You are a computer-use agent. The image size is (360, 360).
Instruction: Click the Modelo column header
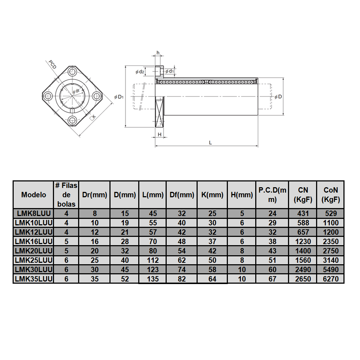(33, 194)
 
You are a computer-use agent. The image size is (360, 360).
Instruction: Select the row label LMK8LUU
(33, 213)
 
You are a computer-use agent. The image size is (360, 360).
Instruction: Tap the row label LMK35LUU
(33, 279)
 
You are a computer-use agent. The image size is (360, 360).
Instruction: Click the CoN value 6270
(330, 279)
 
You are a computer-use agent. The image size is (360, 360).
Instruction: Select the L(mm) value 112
(153, 260)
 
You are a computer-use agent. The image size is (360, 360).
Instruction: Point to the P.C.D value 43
(273, 251)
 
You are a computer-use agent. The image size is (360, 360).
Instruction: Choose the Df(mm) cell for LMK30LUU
(182, 269)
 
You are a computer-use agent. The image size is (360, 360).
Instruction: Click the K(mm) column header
(212, 195)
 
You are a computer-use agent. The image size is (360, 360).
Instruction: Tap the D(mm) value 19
(125, 222)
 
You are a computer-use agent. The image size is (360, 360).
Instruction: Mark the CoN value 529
(330, 213)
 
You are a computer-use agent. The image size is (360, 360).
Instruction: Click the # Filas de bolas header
(66, 194)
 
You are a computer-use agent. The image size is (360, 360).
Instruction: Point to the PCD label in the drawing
(53, 65)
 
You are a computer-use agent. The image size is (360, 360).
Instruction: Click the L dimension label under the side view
(211, 142)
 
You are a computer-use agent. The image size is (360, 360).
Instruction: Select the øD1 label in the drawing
(119, 96)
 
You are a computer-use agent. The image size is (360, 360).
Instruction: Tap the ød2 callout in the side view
(140, 72)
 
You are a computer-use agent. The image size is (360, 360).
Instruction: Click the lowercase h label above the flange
(158, 53)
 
